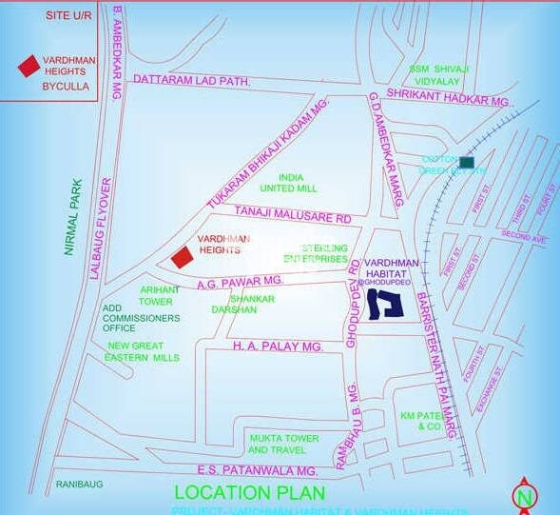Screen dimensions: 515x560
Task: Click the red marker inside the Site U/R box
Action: point(29,66)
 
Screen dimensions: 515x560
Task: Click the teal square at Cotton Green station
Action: point(466,162)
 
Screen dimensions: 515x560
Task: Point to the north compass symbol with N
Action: point(523,496)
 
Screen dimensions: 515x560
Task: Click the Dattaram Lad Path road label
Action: point(192,83)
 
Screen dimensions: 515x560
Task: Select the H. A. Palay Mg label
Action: point(279,347)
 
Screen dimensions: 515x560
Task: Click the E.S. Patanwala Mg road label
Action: point(257,470)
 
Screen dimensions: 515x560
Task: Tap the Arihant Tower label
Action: point(156,295)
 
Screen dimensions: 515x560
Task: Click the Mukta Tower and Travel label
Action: point(284,444)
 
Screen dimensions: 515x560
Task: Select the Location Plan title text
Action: point(249,493)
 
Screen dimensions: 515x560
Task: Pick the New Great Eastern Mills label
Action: point(143,351)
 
